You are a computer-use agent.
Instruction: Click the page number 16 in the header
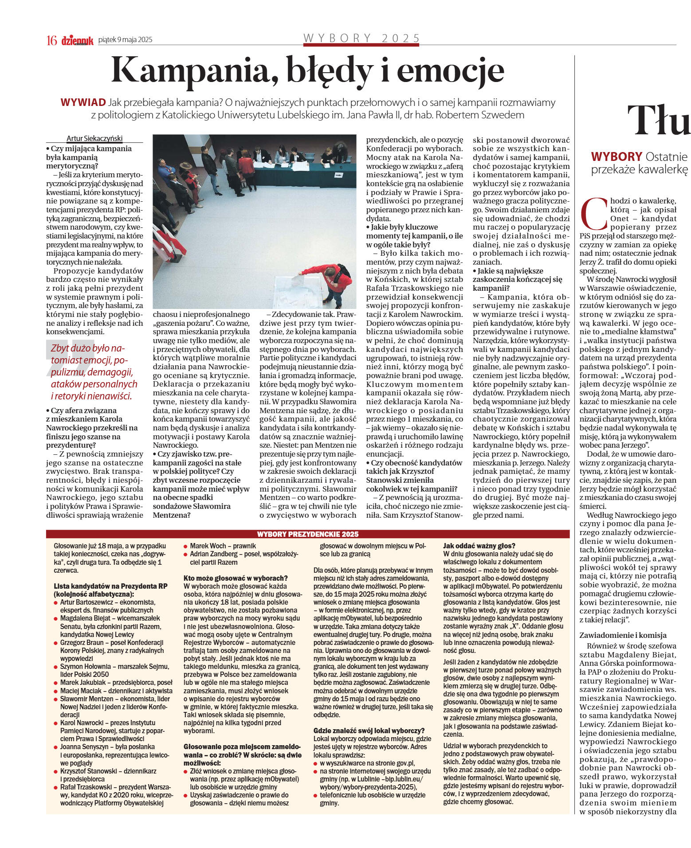click(x=52, y=40)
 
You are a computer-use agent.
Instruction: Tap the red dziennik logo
click(x=78, y=41)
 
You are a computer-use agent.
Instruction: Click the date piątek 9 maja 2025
click(x=125, y=40)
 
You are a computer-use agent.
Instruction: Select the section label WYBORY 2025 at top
click(x=361, y=38)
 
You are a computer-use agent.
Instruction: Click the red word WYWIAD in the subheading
click(x=83, y=103)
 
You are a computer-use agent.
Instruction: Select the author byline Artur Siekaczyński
click(x=94, y=138)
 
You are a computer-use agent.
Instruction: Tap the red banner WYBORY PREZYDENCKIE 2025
click(x=308, y=534)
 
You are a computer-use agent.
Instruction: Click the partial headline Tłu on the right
click(x=659, y=120)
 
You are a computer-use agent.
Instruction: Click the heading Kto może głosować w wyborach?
click(x=236, y=578)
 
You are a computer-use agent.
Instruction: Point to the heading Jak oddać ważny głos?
click(x=479, y=546)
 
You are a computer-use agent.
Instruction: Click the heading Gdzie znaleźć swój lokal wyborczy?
click(x=369, y=731)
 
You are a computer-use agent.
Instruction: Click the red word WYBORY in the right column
click(x=616, y=156)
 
